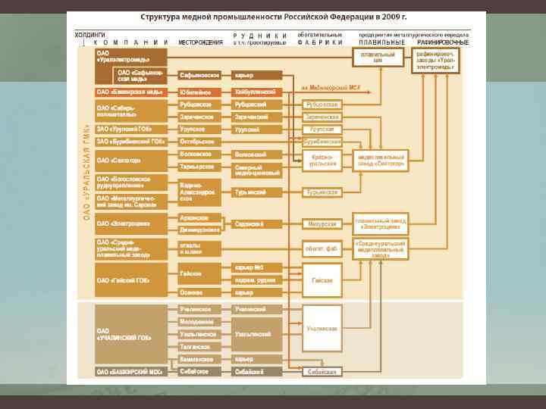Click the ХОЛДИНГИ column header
click(x=89, y=35)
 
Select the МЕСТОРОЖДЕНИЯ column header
click(x=200, y=42)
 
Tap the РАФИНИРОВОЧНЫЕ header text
click(x=444, y=42)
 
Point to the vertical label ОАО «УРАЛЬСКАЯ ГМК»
click(x=86, y=174)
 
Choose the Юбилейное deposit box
click(x=199, y=92)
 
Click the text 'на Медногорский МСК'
click(x=331, y=88)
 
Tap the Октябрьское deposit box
click(x=199, y=142)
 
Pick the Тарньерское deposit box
click(x=199, y=167)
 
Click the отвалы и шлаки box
click(x=199, y=248)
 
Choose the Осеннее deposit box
click(x=199, y=292)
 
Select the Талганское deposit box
click(x=199, y=346)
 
